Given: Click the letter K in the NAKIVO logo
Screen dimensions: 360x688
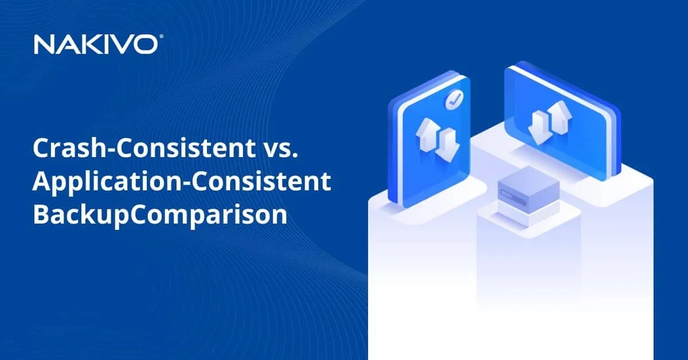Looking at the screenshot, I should pyautogui.click(x=97, y=44).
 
